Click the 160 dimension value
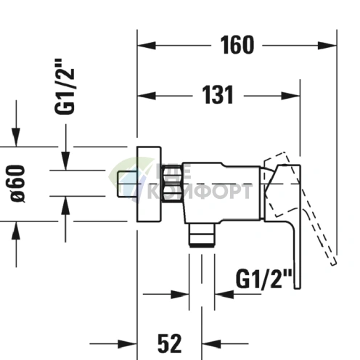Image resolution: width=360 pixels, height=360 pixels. tap(237, 45)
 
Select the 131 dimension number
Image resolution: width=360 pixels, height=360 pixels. tap(218, 94)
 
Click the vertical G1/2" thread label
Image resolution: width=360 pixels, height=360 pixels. tap(66, 87)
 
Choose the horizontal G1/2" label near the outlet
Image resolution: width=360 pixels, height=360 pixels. tap(264, 277)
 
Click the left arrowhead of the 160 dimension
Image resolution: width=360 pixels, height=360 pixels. tap(144, 45)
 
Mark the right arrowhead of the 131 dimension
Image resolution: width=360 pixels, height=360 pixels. tap(294, 94)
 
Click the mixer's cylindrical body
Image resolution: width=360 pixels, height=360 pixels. tap(218, 190)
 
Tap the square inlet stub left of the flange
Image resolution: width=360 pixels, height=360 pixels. tap(126, 184)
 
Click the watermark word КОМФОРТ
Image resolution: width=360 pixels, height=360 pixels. tap(200, 192)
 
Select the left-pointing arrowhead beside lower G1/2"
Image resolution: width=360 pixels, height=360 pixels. tap(221, 294)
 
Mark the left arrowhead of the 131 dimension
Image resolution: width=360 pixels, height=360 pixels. tap(144, 94)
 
